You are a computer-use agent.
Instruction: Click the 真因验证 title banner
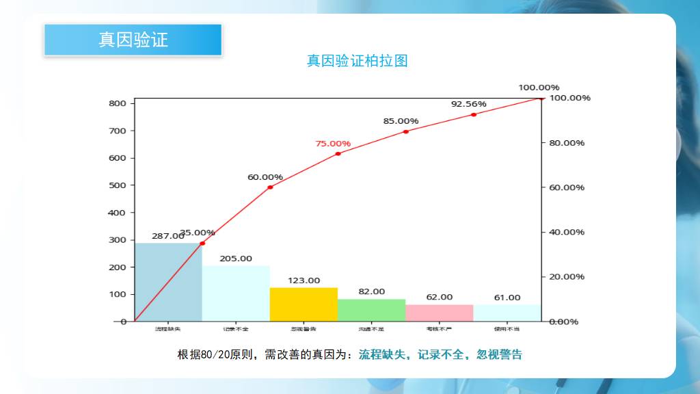[133, 40]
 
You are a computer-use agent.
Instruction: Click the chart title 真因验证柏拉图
[358, 61]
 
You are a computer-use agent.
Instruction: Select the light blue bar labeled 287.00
[168, 282]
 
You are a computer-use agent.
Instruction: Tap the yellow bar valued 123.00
[304, 304]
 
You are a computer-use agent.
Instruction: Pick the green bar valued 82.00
[371, 310]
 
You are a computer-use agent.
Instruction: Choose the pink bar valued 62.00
[439, 313]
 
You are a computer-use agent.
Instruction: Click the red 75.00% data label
[333, 144]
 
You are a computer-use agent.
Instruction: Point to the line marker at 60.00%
[270, 187]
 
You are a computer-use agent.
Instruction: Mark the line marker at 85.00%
[405, 131]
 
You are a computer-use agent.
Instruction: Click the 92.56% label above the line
[468, 104]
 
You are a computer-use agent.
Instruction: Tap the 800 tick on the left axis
[117, 103]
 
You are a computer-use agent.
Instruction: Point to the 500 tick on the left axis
[117, 185]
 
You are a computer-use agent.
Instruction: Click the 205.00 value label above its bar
[236, 259]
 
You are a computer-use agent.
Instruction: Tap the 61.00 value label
[507, 298]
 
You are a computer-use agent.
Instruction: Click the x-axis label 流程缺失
[168, 330]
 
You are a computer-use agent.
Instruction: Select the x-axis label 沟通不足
[371, 330]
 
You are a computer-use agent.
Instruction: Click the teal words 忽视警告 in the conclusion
[499, 354]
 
